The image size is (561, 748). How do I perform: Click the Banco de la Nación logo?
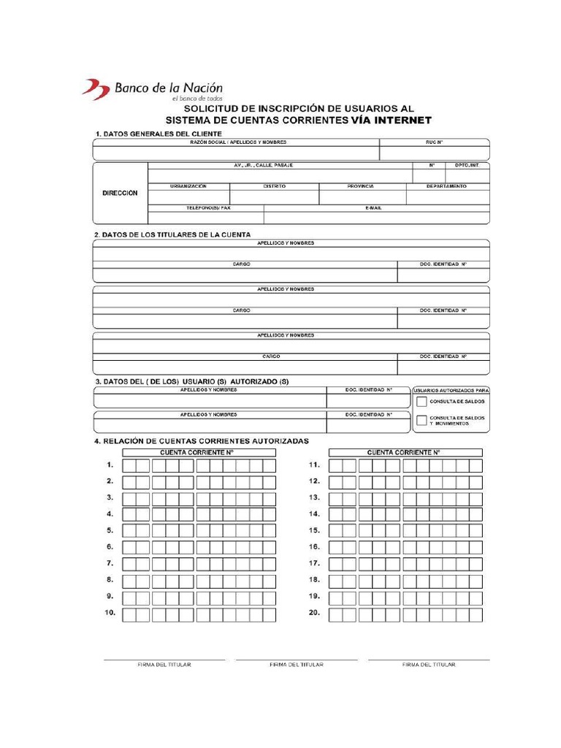click(x=152, y=90)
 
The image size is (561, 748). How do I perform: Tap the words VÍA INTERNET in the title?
click(x=391, y=121)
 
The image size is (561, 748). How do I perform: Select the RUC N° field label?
click(x=435, y=142)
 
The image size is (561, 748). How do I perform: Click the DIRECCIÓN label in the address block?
click(x=120, y=194)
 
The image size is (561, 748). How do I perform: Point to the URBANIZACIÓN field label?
click(x=188, y=186)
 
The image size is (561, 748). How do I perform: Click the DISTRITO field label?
click(x=275, y=186)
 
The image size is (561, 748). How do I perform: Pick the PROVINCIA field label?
click(x=361, y=186)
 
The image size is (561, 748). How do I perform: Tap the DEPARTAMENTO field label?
click(x=447, y=186)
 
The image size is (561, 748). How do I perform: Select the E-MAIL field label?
click(x=373, y=208)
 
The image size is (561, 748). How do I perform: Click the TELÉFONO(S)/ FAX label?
click(x=208, y=208)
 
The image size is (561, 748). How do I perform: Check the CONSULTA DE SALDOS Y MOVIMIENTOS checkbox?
click(x=421, y=420)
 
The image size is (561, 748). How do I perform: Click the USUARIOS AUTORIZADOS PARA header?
click(x=451, y=391)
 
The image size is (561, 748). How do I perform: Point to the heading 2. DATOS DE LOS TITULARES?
click(x=172, y=234)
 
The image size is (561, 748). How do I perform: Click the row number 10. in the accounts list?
click(x=110, y=613)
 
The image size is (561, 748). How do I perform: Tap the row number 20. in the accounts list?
click(x=315, y=613)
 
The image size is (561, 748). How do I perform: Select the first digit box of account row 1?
click(x=129, y=465)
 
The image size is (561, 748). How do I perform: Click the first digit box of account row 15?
click(x=335, y=531)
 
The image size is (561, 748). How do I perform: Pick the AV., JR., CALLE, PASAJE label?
click(x=263, y=166)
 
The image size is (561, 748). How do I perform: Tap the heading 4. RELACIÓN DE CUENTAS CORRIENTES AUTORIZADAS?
click(x=201, y=441)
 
